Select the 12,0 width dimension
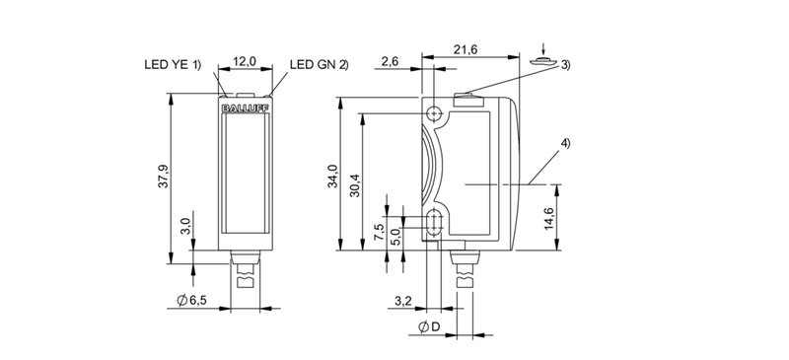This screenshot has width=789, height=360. (x=244, y=61)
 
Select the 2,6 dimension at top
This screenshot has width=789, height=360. (x=392, y=61)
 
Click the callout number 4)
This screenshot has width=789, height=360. (x=564, y=146)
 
